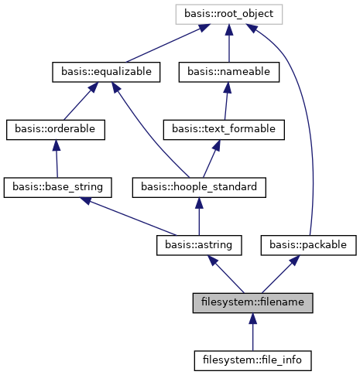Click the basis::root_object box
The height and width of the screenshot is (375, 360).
click(x=228, y=13)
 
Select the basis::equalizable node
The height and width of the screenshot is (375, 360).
click(x=106, y=72)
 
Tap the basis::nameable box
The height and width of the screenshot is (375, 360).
click(x=228, y=72)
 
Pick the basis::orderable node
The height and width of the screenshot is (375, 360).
click(x=55, y=129)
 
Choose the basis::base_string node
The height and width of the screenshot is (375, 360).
click(x=58, y=186)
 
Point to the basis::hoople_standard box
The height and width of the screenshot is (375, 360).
click(x=200, y=186)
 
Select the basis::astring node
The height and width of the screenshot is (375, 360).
click(x=199, y=244)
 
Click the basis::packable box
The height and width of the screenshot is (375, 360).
click(x=309, y=244)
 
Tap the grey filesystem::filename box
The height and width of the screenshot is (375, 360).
click(x=252, y=302)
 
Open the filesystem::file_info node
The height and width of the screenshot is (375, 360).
click(x=252, y=360)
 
